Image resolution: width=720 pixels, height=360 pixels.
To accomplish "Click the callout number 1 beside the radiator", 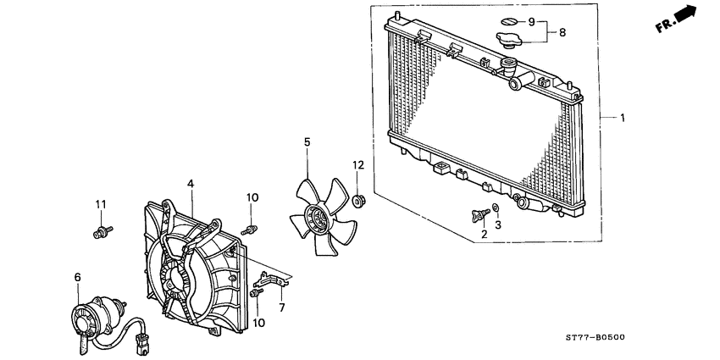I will (x=623, y=118).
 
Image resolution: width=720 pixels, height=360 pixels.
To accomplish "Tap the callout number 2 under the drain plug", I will (x=484, y=234).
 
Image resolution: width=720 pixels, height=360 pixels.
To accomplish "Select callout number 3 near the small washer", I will (x=498, y=225).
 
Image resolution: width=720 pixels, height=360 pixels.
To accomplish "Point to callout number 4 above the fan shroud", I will (x=191, y=183).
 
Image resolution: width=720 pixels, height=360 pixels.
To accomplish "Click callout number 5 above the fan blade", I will (x=307, y=144).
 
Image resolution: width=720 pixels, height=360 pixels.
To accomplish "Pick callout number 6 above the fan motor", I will (x=77, y=277).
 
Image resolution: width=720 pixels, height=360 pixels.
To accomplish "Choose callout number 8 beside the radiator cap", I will (x=562, y=33).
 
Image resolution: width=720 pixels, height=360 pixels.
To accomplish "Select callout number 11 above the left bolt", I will (x=99, y=204).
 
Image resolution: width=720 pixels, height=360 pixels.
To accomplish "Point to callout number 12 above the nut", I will (x=357, y=164).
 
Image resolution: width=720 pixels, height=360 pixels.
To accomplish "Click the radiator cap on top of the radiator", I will (x=509, y=41).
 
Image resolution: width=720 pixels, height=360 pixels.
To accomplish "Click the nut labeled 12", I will (x=358, y=202).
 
